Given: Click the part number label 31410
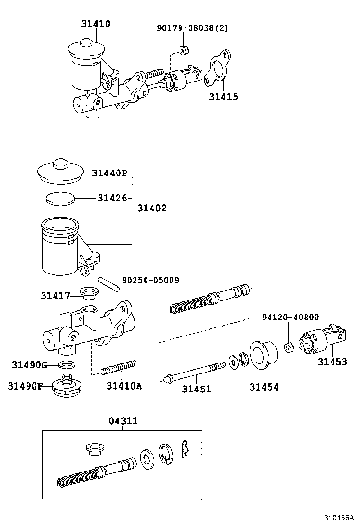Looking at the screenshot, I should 96,24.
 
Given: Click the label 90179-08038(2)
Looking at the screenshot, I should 192,28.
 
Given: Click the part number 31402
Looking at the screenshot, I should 152,208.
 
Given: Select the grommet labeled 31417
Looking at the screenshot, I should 88,293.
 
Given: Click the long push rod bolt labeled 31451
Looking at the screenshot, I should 194,373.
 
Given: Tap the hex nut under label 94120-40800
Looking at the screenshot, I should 287,348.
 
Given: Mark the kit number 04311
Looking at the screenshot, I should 122,421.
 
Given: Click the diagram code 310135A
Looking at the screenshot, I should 339,518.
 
